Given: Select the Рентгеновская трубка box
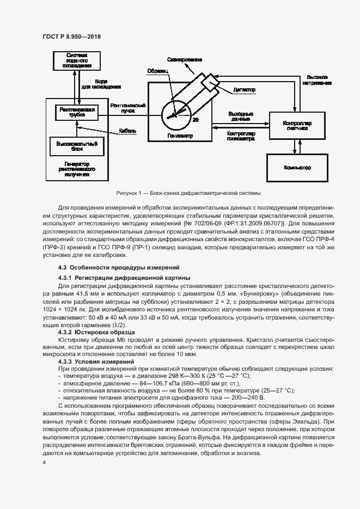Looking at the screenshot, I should click(76, 112).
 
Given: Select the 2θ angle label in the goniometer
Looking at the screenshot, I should click(196, 119).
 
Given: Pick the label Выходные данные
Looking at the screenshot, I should click(240, 116).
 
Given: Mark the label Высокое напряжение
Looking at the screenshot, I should click(317, 80).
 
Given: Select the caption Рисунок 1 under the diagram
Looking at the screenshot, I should click(188, 193).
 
